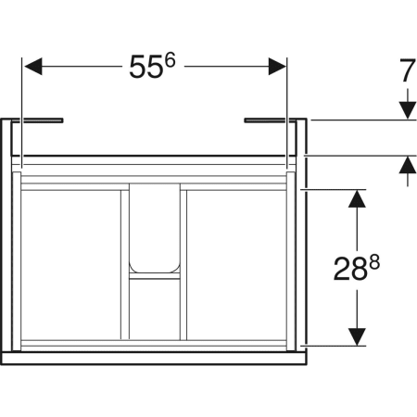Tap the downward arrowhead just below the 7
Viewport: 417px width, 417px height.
pyautogui.click(x=406, y=110)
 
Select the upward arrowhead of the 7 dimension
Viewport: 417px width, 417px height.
pyautogui.click(x=406, y=166)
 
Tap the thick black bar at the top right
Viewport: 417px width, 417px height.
pyautogui.click(x=269, y=120)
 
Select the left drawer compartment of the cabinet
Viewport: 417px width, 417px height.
pyautogui.click(x=70, y=264)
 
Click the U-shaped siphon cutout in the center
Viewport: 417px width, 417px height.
pyautogui.click(x=154, y=227)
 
